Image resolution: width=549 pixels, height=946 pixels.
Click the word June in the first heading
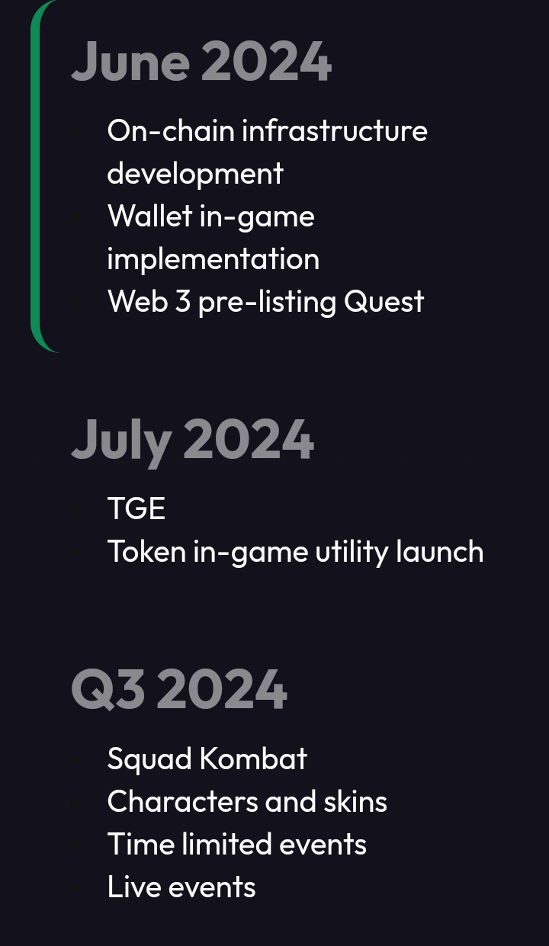pos(130,61)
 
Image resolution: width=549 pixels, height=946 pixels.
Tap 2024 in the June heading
pos(268,61)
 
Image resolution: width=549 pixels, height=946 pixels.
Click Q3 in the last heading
pos(108,689)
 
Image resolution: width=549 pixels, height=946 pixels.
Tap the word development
pos(195,173)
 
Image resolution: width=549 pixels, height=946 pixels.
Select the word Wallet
pos(150,216)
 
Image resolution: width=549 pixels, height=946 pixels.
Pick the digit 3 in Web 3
pos(182,302)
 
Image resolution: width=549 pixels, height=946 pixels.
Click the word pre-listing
pos(267,302)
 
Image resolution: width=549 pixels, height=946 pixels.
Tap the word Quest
pos(384,302)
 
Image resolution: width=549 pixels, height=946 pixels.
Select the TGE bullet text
pos(136,508)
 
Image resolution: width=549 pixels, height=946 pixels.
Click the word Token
pos(147,551)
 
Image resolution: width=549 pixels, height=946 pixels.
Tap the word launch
pos(440,551)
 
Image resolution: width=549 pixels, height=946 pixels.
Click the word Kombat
pos(253,759)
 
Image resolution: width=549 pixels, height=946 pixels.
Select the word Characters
pos(182,801)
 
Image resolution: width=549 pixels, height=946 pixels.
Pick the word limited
pos(226,844)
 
